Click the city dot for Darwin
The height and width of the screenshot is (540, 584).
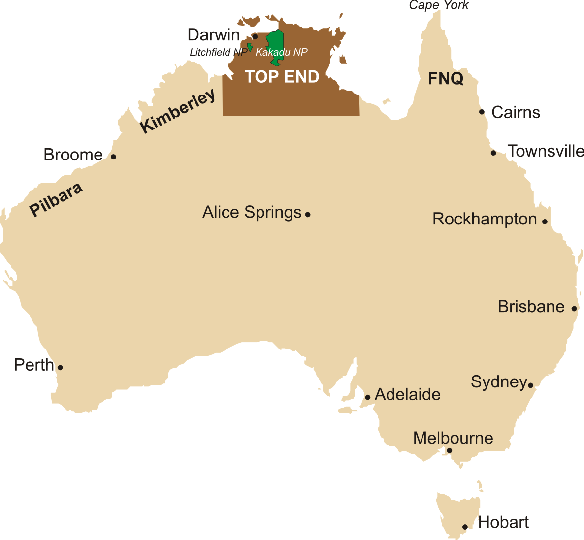coord(255,36)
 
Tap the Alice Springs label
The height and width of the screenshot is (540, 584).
coord(252,212)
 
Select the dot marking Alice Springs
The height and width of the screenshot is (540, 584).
coord(308,214)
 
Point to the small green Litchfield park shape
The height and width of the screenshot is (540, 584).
coord(250,47)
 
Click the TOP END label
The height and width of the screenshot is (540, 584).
coord(282,77)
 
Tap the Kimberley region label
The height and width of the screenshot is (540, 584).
coord(178,111)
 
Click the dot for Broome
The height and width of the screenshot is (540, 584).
coord(113,157)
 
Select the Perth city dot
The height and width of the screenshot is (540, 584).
coord(60,367)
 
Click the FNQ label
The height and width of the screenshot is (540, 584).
coord(445,78)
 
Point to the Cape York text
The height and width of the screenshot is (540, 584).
coord(439,5)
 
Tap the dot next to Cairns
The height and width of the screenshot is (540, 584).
coord(482,112)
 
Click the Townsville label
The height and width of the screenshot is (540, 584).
coord(546,151)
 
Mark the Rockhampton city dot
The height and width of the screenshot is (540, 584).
coord(545,222)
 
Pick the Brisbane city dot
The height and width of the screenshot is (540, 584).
coord(574,309)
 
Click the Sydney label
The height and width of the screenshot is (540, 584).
coord(498,382)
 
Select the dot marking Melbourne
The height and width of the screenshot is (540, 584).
coord(449,450)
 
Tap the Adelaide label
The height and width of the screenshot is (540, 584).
coord(407,394)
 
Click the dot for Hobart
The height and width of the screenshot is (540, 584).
coord(465,527)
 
